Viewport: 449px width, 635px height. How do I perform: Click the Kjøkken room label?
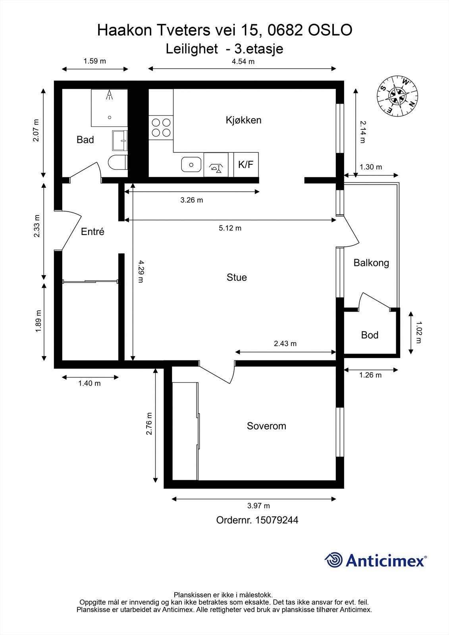[243, 120]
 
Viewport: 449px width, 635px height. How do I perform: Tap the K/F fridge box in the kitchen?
[246, 165]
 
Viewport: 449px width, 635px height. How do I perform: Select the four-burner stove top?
[161, 127]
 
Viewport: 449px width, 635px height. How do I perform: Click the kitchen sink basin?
[191, 165]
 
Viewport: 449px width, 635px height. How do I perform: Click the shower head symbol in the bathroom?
[109, 95]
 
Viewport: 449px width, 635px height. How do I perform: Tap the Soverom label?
[266, 426]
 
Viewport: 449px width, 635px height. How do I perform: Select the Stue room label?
[237, 277]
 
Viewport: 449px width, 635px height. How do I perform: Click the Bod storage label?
[370, 335]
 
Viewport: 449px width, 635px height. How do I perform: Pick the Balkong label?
[371, 263]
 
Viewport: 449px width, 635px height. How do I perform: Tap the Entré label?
[92, 232]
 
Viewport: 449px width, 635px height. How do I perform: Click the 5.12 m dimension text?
[230, 228]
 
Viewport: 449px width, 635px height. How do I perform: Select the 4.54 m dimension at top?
[243, 62]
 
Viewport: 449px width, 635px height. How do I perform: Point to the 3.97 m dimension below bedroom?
[258, 506]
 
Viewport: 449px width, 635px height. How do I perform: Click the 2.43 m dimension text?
[285, 344]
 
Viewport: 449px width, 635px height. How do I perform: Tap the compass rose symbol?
[397, 95]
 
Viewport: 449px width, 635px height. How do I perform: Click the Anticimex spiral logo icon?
[333, 560]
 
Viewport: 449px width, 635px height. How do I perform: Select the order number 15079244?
[277, 520]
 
